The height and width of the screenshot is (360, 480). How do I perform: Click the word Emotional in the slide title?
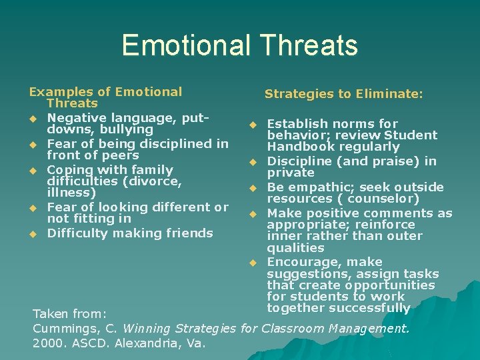(184, 45)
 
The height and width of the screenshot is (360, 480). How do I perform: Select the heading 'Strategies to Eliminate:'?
(343, 95)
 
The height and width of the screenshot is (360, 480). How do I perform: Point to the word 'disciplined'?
(174, 143)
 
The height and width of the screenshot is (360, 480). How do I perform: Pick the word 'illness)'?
(71, 193)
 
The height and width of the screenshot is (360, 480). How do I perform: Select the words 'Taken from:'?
(69, 313)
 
